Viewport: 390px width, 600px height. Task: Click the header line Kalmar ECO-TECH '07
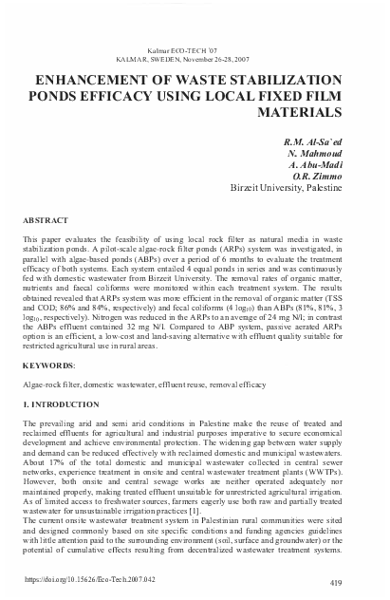(x=194, y=47)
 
